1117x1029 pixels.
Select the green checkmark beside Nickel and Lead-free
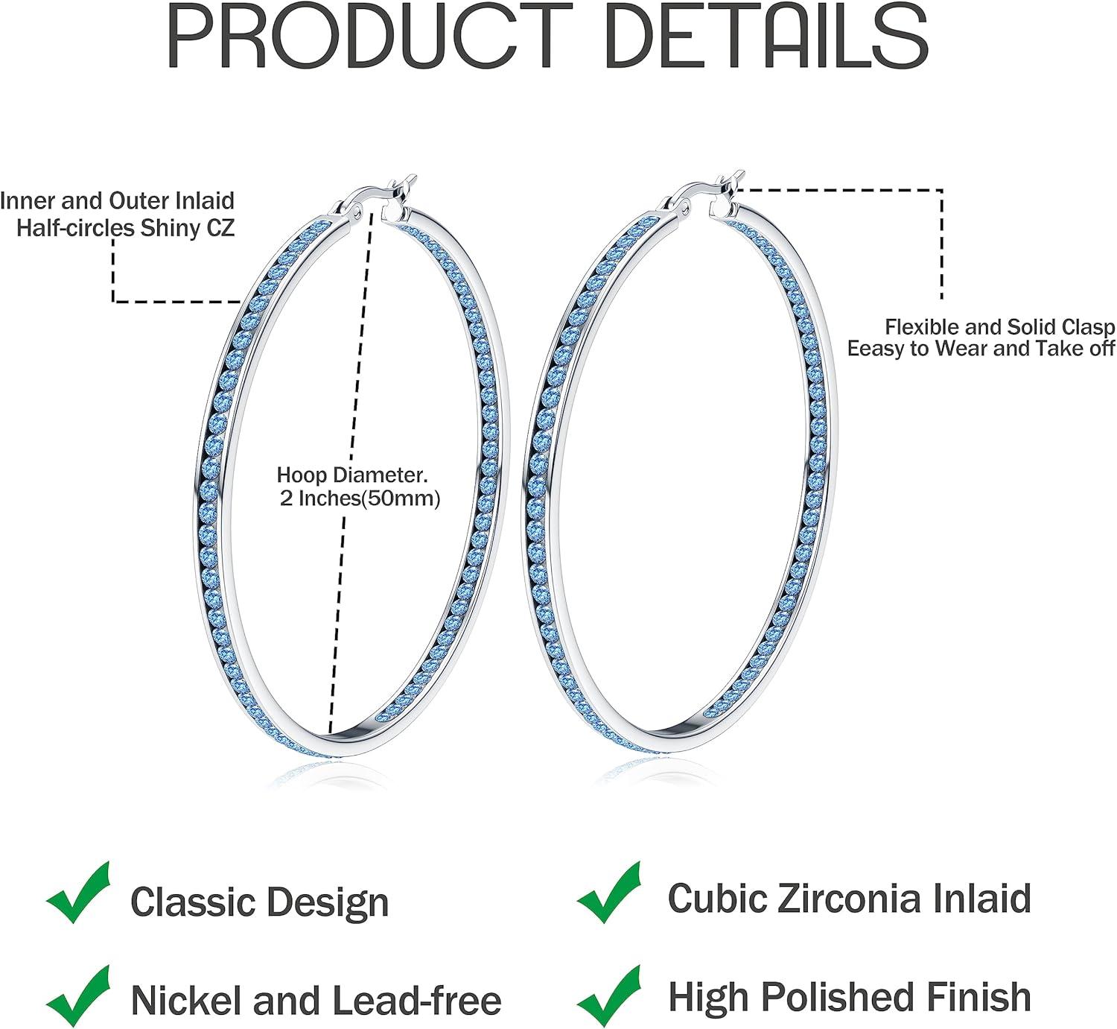(78, 997)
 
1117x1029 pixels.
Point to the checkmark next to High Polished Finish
(609, 995)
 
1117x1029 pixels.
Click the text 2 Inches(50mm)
(360, 498)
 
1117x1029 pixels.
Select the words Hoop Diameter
(352, 475)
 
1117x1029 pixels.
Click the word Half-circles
(76, 228)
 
